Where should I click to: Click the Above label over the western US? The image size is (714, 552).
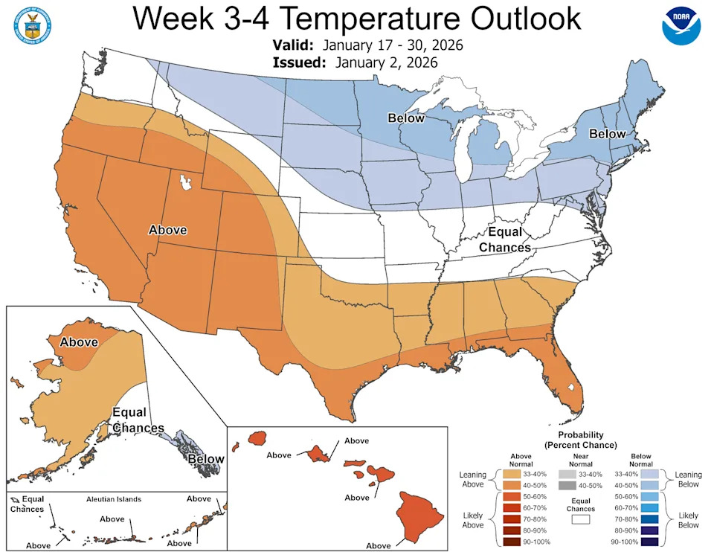tap(167, 230)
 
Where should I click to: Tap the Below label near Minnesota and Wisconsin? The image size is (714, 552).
tap(405, 118)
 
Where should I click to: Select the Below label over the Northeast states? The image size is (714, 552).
tap(608, 135)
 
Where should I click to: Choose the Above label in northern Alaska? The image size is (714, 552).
tap(79, 342)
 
